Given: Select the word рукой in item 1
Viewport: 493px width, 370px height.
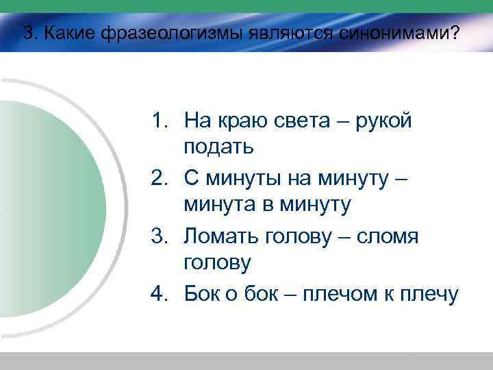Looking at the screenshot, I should click(388, 122).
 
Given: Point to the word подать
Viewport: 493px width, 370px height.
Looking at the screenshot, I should click(219, 146).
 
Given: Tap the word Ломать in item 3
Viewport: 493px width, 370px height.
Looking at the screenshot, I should click(219, 236).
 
